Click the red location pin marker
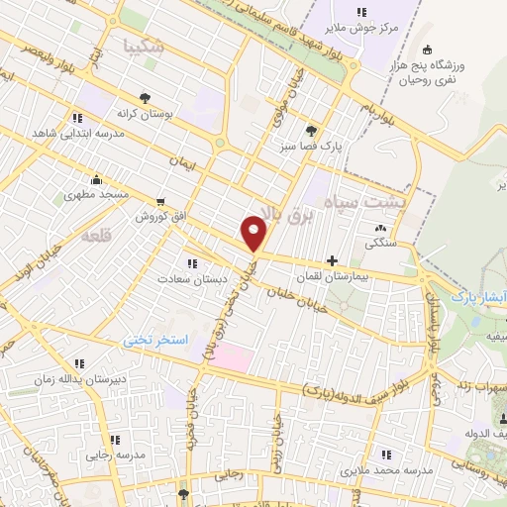click(x=254, y=233)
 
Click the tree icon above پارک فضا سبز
click(x=312, y=130)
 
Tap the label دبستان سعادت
click(x=192, y=279)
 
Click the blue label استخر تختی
click(x=155, y=340)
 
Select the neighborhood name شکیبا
click(x=143, y=46)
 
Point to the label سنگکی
click(x=380, y=242)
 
